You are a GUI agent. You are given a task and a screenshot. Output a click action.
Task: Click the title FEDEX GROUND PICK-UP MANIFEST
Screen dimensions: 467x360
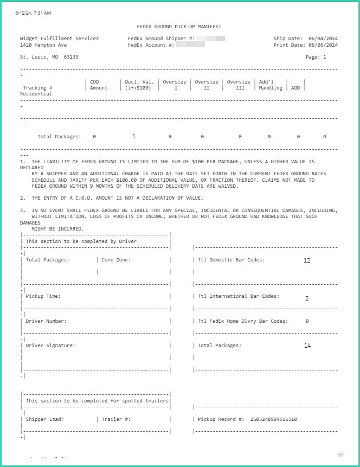point(179,27)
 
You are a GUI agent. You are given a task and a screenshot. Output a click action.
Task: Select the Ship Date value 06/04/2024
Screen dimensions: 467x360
point(323,39)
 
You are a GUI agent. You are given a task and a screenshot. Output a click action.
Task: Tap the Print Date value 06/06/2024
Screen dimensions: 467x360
point(323,45)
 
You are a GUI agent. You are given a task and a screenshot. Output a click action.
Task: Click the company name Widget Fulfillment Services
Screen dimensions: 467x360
point(59,39)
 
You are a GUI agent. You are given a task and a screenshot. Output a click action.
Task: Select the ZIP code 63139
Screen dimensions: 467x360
point(71,56)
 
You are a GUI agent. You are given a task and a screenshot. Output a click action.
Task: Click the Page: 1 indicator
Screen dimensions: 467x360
point(316,56)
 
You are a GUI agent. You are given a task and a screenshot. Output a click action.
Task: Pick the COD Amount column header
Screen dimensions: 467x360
point(99,85)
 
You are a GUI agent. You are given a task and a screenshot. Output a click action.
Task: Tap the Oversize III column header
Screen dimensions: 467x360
point(239,85)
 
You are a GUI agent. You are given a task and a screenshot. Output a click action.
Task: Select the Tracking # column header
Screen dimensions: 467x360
point(37,88)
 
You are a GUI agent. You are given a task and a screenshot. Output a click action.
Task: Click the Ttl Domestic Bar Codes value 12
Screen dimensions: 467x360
point(307,260)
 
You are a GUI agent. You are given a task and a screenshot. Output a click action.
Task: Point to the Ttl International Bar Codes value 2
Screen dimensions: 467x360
point(307,298)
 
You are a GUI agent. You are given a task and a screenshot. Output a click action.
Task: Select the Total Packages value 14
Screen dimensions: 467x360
point(307,346)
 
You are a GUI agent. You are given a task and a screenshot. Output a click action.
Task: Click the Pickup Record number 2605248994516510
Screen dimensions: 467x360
point(274,419)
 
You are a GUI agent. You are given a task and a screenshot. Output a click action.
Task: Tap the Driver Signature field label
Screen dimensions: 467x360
point(50,346)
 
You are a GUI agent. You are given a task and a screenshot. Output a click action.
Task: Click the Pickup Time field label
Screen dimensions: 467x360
point(43,296)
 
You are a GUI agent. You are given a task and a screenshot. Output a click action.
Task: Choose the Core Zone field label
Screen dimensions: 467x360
point(116,260)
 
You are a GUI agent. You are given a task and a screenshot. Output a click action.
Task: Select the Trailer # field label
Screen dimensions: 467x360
point(116,419)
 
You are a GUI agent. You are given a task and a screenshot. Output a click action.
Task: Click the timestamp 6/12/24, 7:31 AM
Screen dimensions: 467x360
point(37,12)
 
